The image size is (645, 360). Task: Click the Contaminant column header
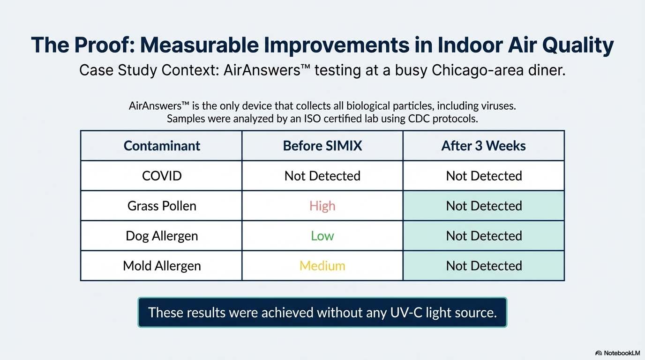point(162,146)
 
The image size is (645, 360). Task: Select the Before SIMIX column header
point(322,146)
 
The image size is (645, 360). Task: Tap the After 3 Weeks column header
point(483,146)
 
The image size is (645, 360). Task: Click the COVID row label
point(162,176)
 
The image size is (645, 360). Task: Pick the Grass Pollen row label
point(162,206)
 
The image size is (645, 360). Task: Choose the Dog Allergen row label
point(162,236)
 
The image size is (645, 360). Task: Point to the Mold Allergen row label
point(162,266)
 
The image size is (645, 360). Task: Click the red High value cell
point(322,206)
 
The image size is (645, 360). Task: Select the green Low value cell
point(322,236)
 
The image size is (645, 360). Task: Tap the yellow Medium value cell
point(322,266)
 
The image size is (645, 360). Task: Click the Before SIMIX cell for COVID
point(322,176)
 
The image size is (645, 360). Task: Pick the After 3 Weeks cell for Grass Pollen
point(484,206)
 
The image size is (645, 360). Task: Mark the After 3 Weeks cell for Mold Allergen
point(484,266)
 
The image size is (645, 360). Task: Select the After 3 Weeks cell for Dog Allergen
point(484,236)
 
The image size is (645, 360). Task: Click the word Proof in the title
point(105,45)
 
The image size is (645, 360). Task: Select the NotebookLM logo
point(617,353)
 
